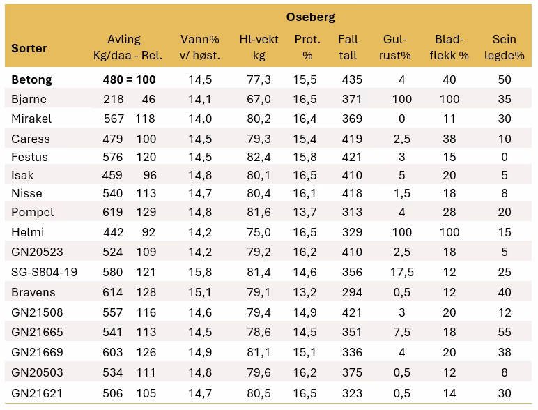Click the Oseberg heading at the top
point(311,17)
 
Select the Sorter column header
point(29,49)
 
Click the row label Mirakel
point(31,119)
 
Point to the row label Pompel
point(32,212)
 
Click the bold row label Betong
point(31,80)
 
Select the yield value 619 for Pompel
point(114,212)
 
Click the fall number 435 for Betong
point(352,80)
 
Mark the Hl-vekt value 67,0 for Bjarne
point(258,100)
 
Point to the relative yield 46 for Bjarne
point(148,100)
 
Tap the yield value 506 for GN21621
point(114,393)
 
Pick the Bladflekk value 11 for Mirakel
point(449,119)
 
